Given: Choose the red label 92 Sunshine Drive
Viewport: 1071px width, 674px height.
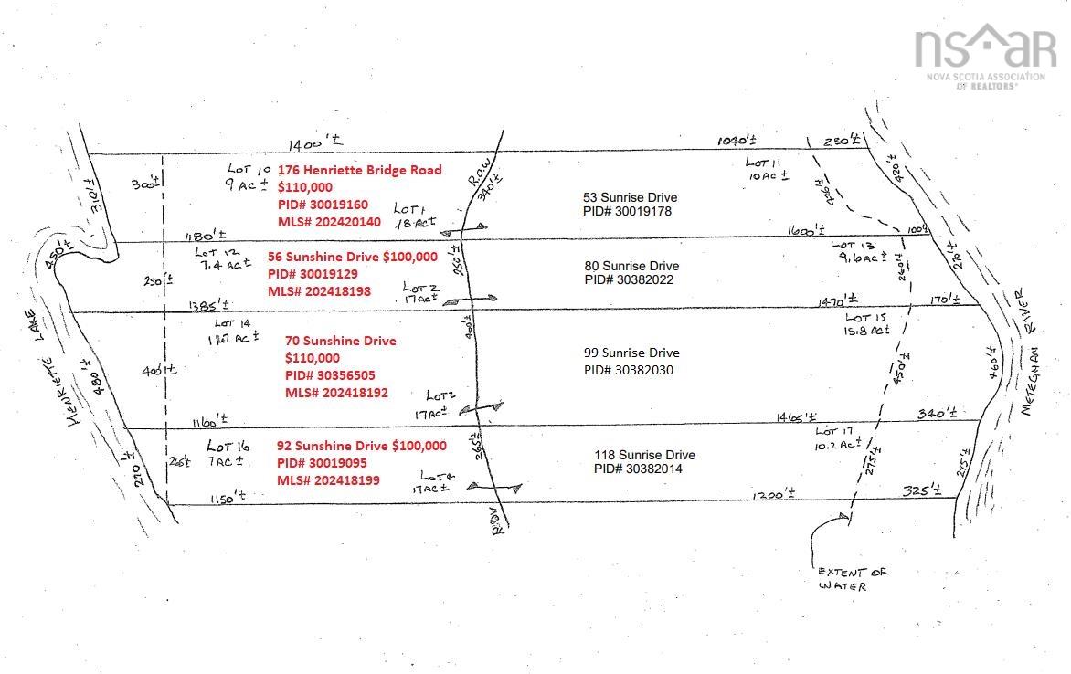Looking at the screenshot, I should pyautogui.click(x=333, y=446).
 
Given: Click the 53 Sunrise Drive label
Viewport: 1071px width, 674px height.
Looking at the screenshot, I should pyautogui.click(x=630, y=197).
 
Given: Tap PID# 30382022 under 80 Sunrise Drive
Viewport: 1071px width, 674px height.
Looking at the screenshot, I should pyautogui.click(x=629, y=279).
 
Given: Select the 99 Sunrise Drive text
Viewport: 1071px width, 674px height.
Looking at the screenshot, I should pyautogui.click(x=631, y=353).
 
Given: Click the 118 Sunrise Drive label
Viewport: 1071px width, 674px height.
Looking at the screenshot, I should pyautogui.click(x=643, y=455).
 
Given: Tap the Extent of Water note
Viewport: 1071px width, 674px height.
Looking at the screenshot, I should pyautogui.click(x=852, y=579).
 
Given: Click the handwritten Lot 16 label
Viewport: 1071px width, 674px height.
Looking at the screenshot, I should pyautogui.click(x=228, y=447).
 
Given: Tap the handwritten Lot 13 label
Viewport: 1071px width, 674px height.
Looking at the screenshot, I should pyautogui.click(x=854, y=246).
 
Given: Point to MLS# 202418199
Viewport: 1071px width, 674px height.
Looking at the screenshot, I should pyautogui.click(x=328, y=480).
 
